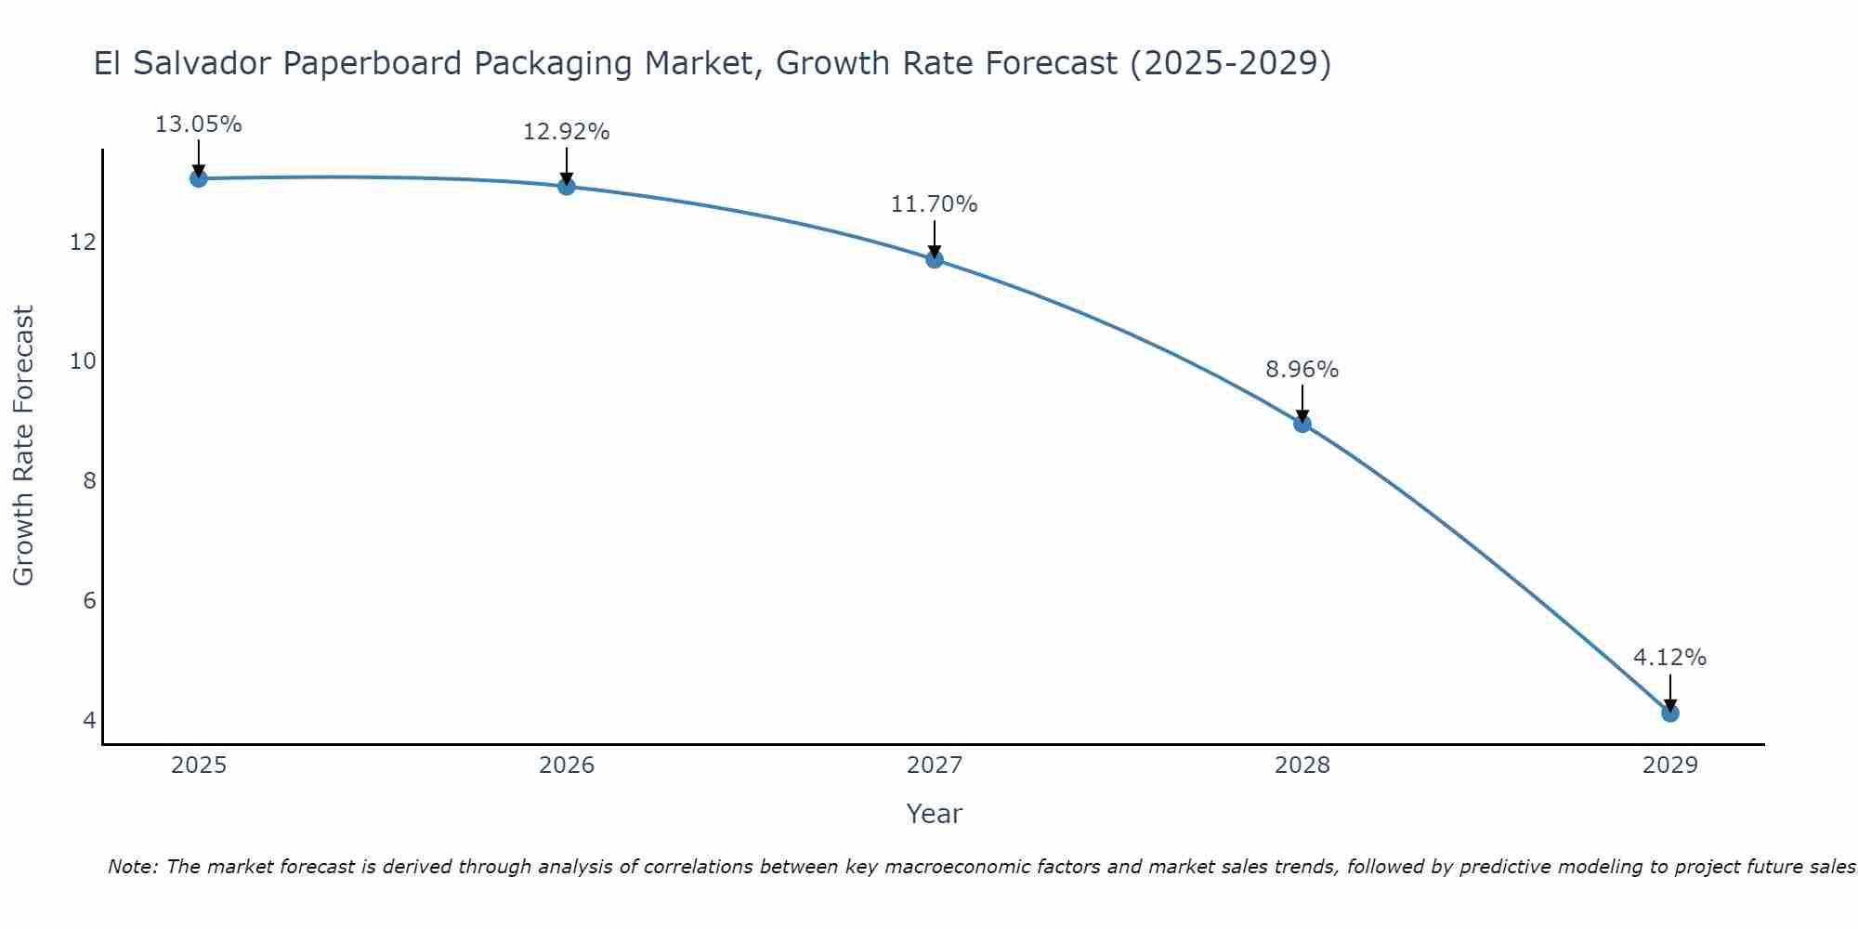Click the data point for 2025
(x=198, y=178)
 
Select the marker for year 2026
(x=567, y=187)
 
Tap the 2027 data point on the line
(x=935, y=259)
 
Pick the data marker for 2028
(x=1302, y=424)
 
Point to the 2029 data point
(x=1670, y=713)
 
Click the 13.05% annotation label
(x=198, y=124)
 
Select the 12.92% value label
(x=567, y=132)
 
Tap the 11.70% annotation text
(x=935, y=204)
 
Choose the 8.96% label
(x=1302, y=370)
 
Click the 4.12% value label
(x=1670, y=658)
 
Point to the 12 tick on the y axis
(x=83, y=242)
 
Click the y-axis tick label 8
(x=89, y=481)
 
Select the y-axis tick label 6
(x=89, y=601)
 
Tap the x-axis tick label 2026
(x=567, y=765)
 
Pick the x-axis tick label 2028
(x=1302, y=765)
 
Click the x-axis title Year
(x=935, y=814)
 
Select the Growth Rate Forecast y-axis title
(x=23, y=446)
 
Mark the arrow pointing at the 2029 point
(x=1670, y=692)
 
